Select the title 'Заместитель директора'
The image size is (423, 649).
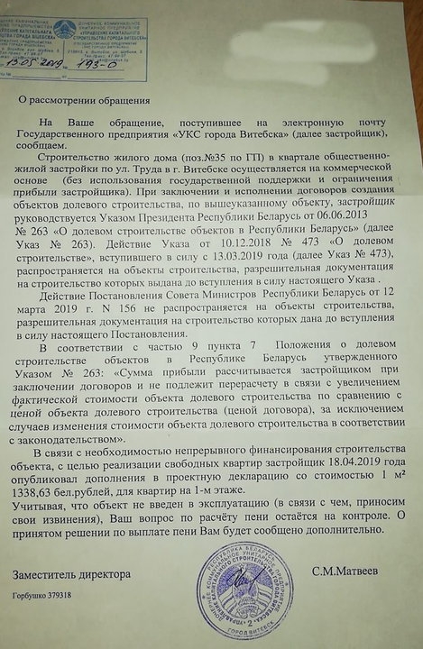point(72,574)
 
